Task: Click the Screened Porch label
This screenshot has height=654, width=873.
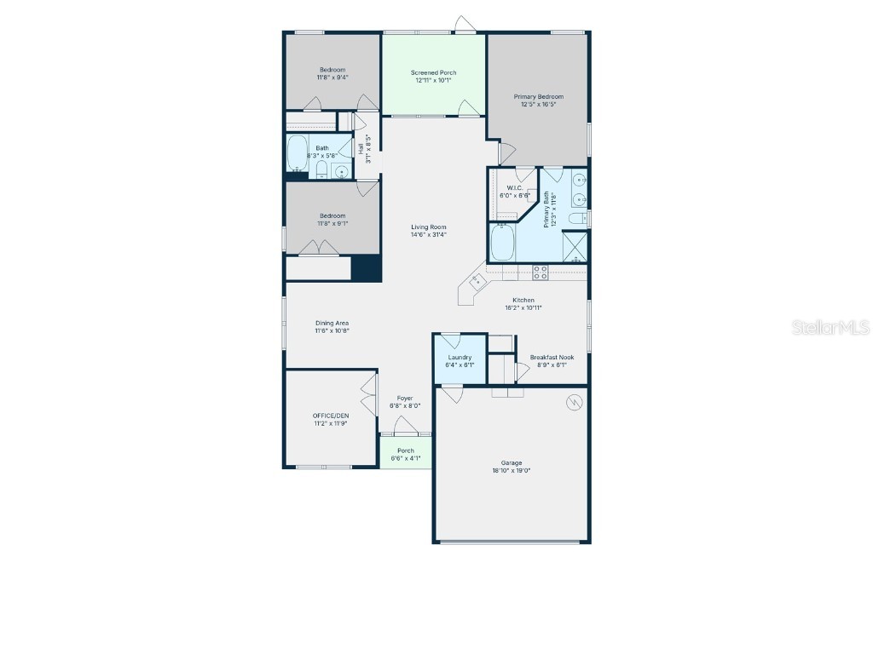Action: [x=433, y=73]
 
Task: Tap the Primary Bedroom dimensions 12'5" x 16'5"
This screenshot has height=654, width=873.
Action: [x=538, y=105]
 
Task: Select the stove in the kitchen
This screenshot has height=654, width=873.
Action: [x=540, y=272]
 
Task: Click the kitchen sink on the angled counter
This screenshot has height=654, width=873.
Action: [x=478, y=280]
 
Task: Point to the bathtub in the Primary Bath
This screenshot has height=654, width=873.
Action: [x=503, y=243]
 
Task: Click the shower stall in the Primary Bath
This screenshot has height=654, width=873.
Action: [x=575, y=247]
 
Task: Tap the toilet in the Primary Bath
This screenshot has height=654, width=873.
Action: [x=579, y=219]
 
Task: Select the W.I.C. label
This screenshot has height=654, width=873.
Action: [x=514, y=187]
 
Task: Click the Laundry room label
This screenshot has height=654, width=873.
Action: [x=460, y=357]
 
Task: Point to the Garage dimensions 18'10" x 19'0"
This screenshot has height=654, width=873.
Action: [x=512, y=471]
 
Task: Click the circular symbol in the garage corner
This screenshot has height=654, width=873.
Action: [x=574, y=401]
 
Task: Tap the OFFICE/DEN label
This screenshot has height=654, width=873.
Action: [x=330, y=415]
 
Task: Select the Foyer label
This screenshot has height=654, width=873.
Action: [x=405, y=398]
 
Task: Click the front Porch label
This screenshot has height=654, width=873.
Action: [x=406, y=450]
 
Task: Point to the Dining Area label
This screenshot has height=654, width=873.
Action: [x=332, y=323]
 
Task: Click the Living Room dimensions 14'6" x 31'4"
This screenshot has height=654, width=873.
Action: [x=429, y=235]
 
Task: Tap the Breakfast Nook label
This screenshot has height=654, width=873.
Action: [x=552, y=357]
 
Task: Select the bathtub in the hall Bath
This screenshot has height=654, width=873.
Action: [x=298, y=153]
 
